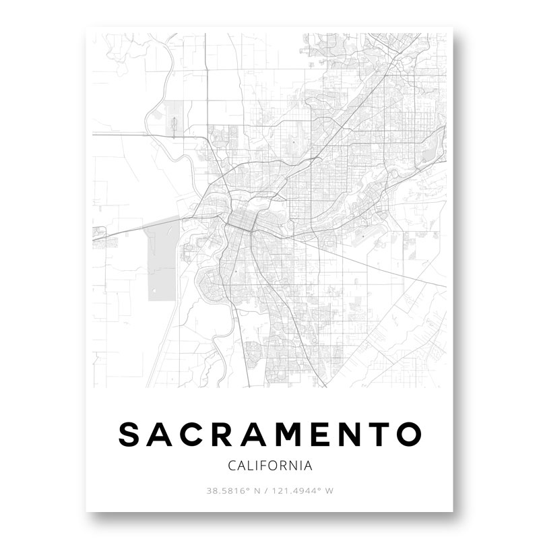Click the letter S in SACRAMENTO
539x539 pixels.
click(130, 435)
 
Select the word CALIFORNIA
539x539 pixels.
click(269, 466)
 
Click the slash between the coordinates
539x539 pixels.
click(268, 491)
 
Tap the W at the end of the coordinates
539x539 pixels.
click(329, 491)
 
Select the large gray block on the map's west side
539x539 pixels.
click(161, 262)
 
